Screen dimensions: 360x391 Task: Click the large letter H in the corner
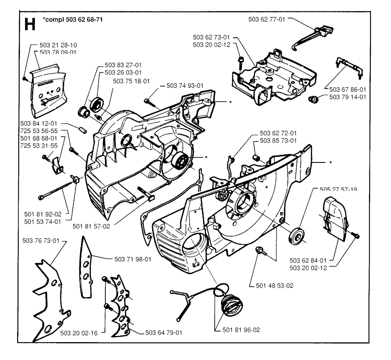click(x=30, y=24)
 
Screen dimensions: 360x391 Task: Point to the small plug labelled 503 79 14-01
click(x=313, y=100)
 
